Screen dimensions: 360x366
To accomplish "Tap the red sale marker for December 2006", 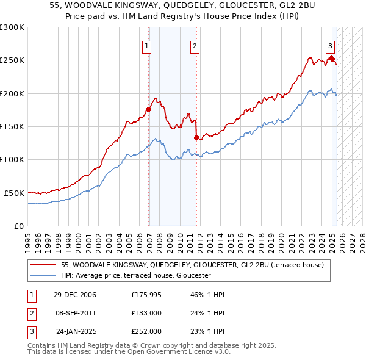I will [x=148, y=110].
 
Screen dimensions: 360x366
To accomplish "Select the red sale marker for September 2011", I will [x=196, y=138].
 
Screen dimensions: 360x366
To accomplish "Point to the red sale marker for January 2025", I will [x=332, y=59].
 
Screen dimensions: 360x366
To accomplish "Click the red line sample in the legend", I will [x=43, y=265].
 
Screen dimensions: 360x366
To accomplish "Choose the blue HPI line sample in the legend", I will [x=43, y=276].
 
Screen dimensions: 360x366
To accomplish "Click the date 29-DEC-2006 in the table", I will [x=75, y=295].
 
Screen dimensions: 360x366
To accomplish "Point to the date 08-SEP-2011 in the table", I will [x=75, y=313].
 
